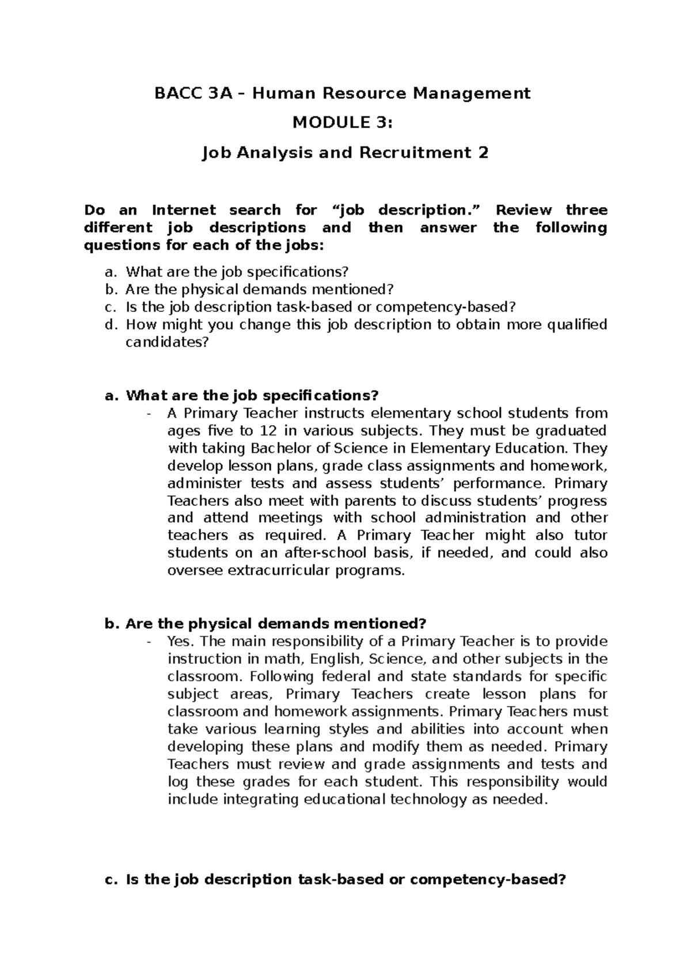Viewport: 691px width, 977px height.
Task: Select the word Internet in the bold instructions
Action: tap(184, 210)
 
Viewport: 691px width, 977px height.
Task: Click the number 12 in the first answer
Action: tap(267, 430)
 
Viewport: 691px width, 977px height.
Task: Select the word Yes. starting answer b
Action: tap(181, 641)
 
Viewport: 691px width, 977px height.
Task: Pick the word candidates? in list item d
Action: tap(166, 342)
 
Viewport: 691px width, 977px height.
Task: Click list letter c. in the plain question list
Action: tap(111, 307)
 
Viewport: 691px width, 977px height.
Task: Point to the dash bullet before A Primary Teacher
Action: tap(150, 413)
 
